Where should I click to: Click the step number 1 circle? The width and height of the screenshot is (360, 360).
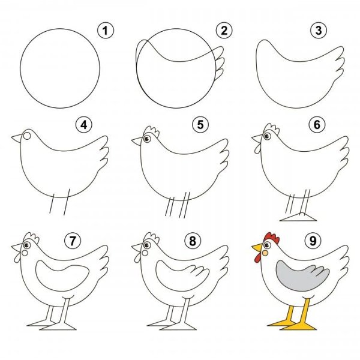(x=106, y=31)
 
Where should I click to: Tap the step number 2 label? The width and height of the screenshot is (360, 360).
(x=224, y=31)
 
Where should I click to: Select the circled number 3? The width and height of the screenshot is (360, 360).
(x=319, y=31)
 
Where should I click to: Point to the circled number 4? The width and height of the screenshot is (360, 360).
(x=84, y=125)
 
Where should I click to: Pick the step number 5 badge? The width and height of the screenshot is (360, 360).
(x=200, y=125)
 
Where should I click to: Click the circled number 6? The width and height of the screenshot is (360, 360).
(x=317, y=125)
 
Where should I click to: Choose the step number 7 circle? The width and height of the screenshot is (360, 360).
(x=73, y=241)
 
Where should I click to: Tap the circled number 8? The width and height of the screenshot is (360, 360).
(x=193, y=241)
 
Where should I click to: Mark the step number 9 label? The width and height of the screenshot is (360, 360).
(x=313, y=241)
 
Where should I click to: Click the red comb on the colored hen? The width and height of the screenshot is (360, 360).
(x=272, y=238)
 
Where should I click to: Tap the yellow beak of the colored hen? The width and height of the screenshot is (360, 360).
(x=257, y=247)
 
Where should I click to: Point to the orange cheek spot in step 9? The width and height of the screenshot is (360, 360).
(x=265, y=253)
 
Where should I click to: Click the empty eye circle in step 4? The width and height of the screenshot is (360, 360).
(x=27, y=136)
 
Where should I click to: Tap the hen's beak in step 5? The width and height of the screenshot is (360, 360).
(x=137, y=141)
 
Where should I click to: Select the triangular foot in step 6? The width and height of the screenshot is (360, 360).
(x=298, y=217)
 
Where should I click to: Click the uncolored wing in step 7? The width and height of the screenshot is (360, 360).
(x=62, y=275)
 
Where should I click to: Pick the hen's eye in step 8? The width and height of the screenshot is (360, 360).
(x=147, y=245)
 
